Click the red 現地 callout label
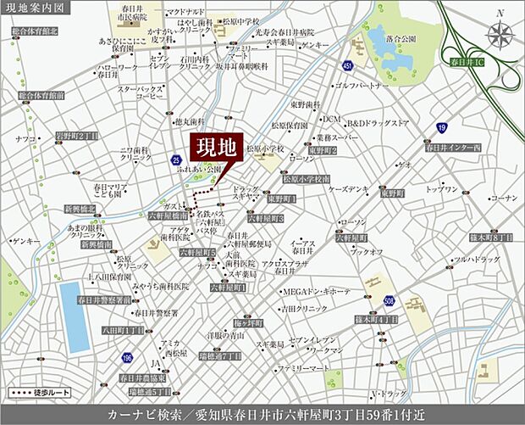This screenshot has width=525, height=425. pyautogui.click(x=216, y=146)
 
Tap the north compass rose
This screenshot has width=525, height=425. pyautogui.click(x=501, y=35)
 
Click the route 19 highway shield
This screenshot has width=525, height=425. pyautogui.click(x=442, y=127)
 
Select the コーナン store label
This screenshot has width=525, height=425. pyautogui.click(x=503, y=198)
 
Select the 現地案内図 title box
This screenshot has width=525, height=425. pyautogui.click(x=36, y=8)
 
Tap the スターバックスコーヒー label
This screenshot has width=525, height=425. pyautogui.click(x=139, y=92)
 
